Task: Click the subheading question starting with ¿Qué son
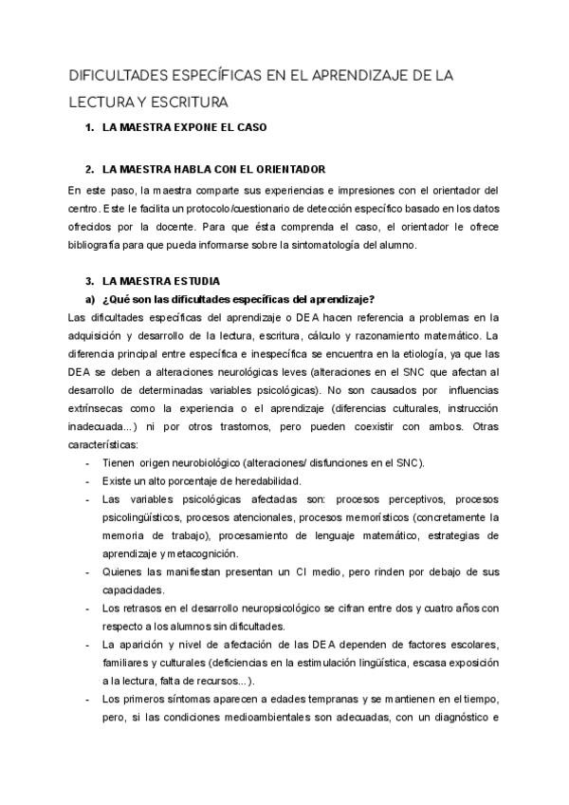238,299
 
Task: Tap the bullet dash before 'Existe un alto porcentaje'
87,480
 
